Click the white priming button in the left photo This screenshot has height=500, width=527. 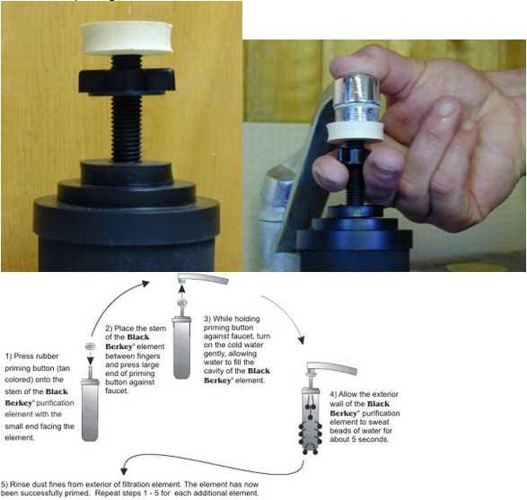coord(127,38)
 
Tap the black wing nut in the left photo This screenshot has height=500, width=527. coord(127,82)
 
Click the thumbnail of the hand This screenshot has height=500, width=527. coord(447,110)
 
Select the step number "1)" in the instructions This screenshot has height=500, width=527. coord(8,356)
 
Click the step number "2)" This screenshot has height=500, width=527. coord(109,329)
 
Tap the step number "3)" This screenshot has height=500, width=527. coord(207,319)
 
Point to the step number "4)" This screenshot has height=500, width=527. coord(333,394)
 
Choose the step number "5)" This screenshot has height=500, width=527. coord(4,484)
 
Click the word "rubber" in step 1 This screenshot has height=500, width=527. coord(47,356)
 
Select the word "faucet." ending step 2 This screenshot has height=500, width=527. coord(117,390)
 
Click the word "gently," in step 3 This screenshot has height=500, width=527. coord(215,354)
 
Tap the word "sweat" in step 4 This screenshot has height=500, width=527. coord(379,422)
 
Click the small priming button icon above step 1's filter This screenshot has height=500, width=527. coord(90,346)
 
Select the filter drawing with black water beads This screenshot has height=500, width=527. coord(311,422)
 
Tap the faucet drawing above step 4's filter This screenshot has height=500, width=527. coord(331,368)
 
